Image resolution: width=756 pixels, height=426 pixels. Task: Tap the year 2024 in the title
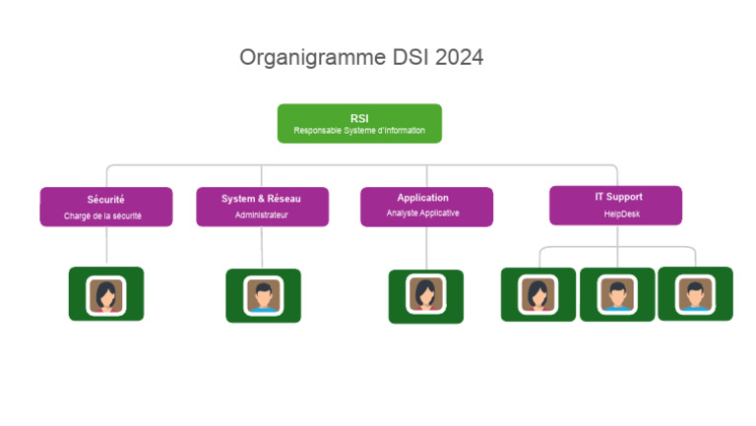pyautogui.click(x=455, y=57)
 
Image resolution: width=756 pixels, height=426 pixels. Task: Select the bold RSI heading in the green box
pyautogui.click(x=359, y=118)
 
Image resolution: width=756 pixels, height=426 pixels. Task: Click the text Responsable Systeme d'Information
pyautogui.click(x=359, y=130)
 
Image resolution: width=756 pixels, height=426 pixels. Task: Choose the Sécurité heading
pyautogui.click(x=106, y=200)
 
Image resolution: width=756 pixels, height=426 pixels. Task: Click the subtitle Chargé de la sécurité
pyautogui.click(x=106, y=215)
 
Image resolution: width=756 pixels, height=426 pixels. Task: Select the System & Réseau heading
pyautogui.click(x=262, y=199)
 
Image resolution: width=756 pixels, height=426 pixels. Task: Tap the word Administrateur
pyautogui.click(x=262, y=214)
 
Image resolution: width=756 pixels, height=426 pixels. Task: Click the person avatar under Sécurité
pyautogui.click(x=105, y=295)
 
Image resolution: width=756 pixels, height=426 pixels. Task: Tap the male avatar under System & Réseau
pyautogui.click(x=263, y=296)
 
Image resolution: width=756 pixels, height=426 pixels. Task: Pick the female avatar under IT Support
pyautogui.click(x=538, y=294)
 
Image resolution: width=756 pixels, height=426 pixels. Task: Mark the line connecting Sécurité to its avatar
pyautogui.click(x=106, y=246)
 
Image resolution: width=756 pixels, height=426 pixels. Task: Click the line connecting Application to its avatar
pyautogui.click(x=426, y=248)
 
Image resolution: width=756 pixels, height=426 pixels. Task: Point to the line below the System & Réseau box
pyautogui.click(x=262, y=247)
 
